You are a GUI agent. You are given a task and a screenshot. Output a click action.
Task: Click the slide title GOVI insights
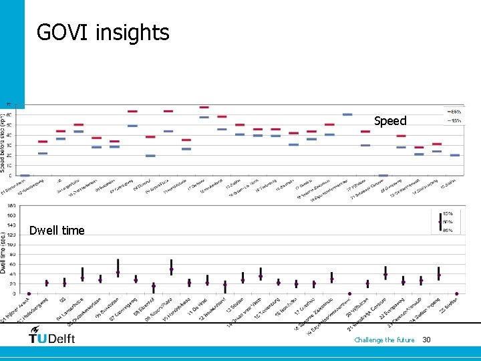[x=103, y=32]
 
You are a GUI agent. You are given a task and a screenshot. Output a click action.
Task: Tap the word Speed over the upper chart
[x=390, y=121]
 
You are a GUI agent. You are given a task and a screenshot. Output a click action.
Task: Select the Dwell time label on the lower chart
[x=57, y=231]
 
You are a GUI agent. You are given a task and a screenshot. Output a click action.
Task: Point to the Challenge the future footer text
[x=384, y=340]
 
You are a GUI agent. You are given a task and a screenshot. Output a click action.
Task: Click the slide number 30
[x=427, y=340]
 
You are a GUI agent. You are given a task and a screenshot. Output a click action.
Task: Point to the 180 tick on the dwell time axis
[x=11, y=207]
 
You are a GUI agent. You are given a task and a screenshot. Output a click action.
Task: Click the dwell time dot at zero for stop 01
[x=29, y=293]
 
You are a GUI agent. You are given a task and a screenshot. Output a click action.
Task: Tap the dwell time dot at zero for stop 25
[x=456, y=293]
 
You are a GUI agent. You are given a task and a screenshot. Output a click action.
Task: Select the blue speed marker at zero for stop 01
[x=25, y=175]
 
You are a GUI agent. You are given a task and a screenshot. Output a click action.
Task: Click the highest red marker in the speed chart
[x=204, y=107]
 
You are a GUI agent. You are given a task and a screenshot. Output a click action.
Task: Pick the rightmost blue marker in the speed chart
[x=455, y=155]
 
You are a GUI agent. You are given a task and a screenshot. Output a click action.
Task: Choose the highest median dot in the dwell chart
[x=172, y=270]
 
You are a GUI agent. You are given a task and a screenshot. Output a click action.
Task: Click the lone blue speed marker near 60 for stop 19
[x=347, y=114]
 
